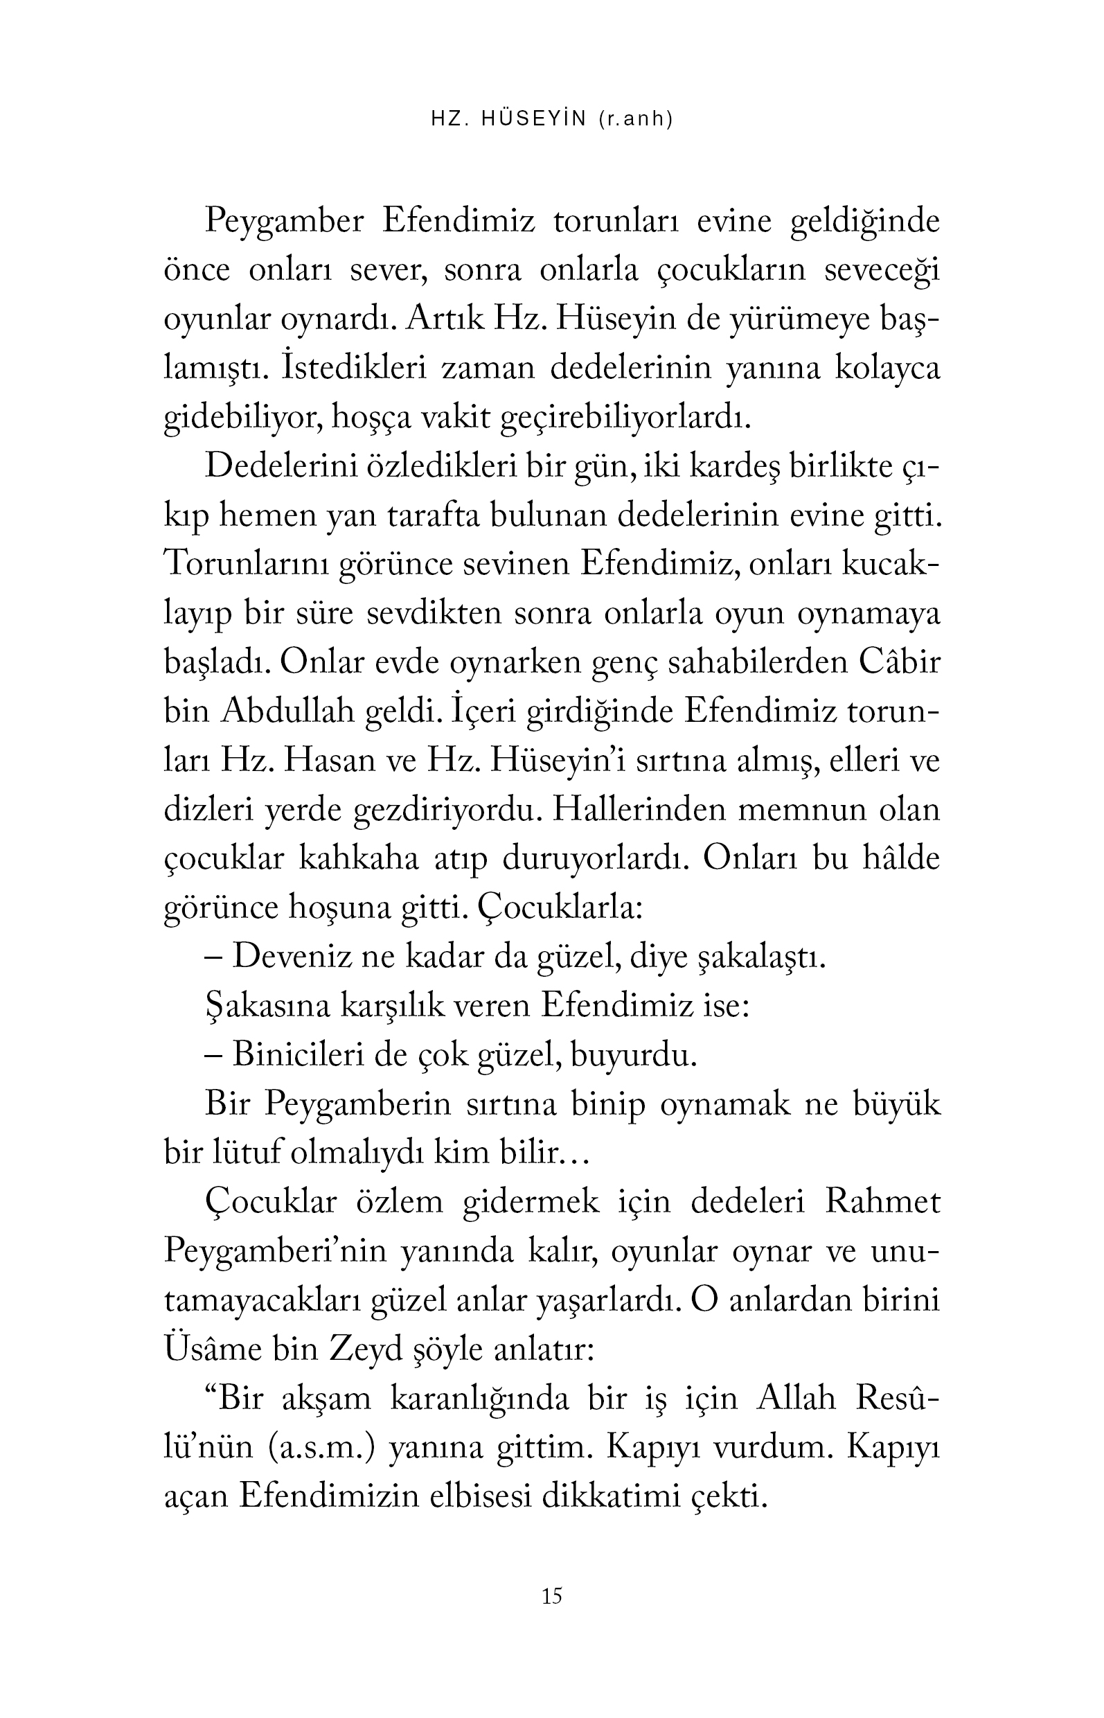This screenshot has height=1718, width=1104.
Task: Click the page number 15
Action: (x=552, y=1596)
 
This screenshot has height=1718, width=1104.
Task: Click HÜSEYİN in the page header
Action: (x=534, y=119)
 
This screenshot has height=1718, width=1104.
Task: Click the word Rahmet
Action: (x=882, y=1202)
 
